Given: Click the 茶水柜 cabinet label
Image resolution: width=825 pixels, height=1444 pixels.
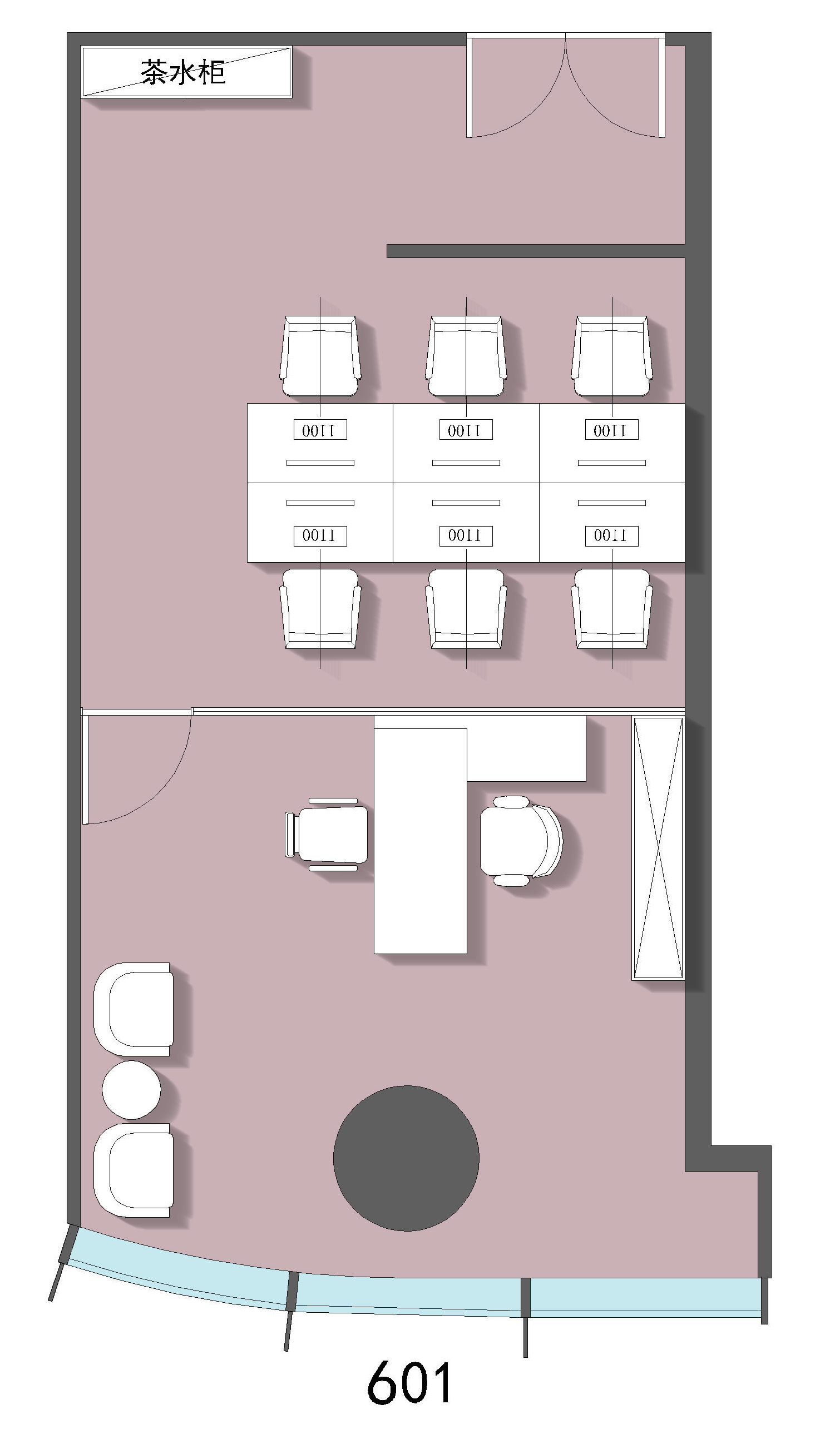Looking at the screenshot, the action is coord(183,72).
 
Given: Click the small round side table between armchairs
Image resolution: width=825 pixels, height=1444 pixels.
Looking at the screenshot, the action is coord(131,1090).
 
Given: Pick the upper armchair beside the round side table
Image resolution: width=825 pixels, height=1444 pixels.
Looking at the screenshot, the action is coord(134,1009).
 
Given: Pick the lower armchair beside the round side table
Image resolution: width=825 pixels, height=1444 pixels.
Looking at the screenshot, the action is coord(134,1170).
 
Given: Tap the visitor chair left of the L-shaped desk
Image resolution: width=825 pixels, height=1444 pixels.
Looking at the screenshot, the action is coord(327,835).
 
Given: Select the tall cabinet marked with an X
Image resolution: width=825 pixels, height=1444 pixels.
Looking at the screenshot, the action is coord(658,848).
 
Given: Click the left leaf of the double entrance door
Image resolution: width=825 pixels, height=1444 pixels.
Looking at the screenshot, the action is coord(516,85).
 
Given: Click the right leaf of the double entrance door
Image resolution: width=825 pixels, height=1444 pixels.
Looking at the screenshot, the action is coord(615,85).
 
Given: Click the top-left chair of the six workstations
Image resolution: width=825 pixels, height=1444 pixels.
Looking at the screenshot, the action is coord(320,356).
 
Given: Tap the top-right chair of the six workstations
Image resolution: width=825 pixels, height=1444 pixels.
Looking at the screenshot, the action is coord(612,356).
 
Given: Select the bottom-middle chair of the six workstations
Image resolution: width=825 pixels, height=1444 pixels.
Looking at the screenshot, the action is coord(466,608).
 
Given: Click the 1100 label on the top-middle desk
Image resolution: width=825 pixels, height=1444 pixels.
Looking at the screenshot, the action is coord(466,430).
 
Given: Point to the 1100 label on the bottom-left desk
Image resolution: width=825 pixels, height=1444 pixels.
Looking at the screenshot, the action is coord(320,535).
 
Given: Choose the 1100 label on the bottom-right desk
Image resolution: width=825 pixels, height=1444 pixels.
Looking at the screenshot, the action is coord(612,535).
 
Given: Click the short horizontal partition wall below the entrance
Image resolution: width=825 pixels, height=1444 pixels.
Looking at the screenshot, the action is coord(536,251).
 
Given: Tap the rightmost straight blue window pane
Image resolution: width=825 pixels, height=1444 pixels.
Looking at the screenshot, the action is coord(646,1297).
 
